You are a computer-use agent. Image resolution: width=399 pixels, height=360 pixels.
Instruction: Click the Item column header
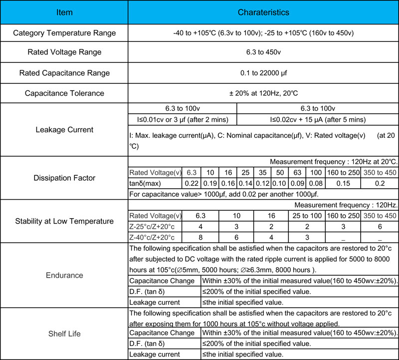tap(64, 12)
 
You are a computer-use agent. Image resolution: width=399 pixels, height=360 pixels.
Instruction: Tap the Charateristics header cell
tap(263, 12)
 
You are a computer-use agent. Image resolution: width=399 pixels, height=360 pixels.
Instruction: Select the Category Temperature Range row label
tap(64, 33)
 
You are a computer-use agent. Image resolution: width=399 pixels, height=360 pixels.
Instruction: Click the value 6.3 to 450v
tap(263, 52)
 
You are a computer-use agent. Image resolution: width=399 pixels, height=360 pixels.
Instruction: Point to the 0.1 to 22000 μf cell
tap(263, 73)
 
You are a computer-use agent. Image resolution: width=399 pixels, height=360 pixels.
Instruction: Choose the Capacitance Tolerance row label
tap(64, 93)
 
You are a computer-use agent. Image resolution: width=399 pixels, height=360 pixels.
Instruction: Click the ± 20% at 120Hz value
tap(263, 93)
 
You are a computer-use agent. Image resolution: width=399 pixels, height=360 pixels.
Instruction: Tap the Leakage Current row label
tap(64, 130)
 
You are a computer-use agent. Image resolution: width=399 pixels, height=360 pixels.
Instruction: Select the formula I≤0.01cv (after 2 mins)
tap(183, 119)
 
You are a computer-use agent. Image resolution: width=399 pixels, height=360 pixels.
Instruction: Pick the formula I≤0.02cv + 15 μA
tap(318, 119)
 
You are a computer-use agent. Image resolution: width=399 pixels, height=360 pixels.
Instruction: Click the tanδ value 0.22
tap(192, 183)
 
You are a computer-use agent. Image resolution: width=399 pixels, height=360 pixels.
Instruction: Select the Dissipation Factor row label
tap(64, 178)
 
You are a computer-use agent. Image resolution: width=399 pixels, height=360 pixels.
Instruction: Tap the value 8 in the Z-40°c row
tap(200, 237)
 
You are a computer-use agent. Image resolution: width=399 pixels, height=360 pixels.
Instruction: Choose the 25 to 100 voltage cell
tap(307, 216)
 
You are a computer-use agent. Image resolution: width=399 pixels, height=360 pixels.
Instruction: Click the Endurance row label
tap(64, 275)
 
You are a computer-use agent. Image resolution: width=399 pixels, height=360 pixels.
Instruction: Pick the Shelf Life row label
tap(64, 334)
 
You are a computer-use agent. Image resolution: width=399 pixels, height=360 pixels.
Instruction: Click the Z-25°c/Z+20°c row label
tap(155, 226)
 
